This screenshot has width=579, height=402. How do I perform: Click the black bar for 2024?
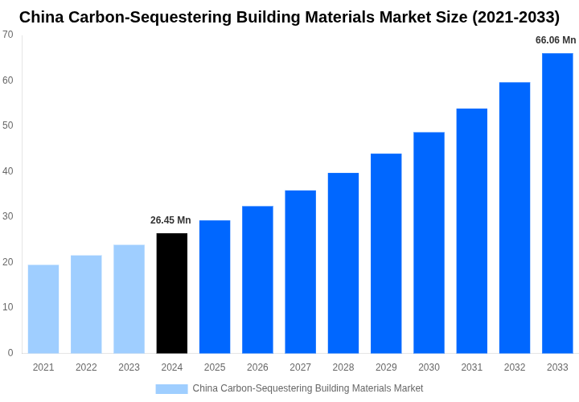tap(172, 293)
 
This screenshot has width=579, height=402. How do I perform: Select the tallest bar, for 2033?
tap(557, 203)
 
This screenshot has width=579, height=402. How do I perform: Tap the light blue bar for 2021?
tap(43, 309)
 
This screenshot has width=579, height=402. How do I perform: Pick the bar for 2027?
tap(300, 272)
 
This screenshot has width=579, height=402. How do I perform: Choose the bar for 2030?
tap(429, 243)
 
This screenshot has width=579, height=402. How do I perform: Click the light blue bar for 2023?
tap(129, 299)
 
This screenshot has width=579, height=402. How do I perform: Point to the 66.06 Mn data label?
tap(556, 40)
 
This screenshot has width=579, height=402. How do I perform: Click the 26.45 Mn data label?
tap(170, 220)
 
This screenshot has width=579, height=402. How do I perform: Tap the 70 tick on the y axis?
tap(8, 35)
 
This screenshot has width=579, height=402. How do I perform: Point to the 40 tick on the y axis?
tap(8, 171)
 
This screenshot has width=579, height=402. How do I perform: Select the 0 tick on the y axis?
tap(10, 353)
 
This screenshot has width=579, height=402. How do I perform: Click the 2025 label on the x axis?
tap(215, 367)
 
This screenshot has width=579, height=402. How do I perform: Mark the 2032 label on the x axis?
tap(515, 367)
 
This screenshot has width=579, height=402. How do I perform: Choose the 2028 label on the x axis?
tap(343, 367)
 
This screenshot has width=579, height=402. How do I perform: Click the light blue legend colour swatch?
tap(171, 389)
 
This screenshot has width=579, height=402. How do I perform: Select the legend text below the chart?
tap(307, 388)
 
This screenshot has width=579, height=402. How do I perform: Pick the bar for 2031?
tap(471, 231)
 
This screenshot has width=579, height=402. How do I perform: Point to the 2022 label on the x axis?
tap(86, 367)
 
